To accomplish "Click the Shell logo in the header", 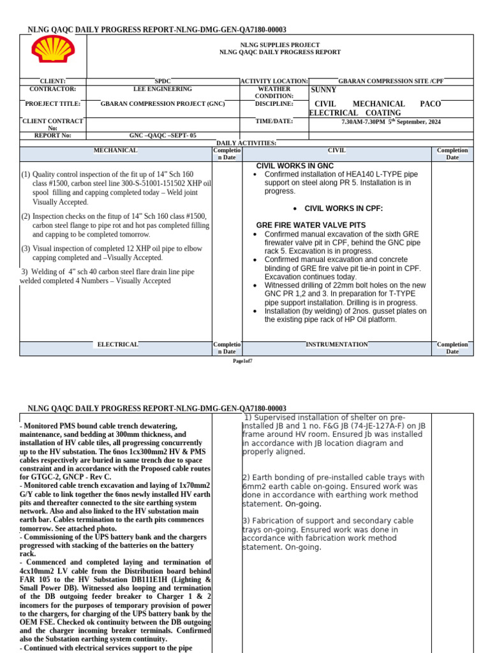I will point(53,50).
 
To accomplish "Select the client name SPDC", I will point(163,82).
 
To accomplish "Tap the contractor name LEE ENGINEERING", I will point(162,89).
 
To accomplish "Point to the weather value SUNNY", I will point(323,90).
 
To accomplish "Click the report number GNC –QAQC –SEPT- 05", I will point(163,136).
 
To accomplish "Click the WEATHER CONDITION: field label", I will point(274,92).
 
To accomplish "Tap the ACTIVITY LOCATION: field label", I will point(274,82).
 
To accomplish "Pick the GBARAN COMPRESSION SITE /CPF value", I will point(390,82).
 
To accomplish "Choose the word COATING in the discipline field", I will point(384,113).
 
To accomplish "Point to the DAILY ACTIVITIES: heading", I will point(246,143).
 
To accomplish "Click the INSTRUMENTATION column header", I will point(336,344).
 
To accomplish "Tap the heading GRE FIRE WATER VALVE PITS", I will point(311,225).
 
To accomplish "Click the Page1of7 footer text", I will point(242,362).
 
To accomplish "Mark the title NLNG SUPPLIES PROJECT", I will point(279,45).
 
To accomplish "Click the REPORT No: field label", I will point(52,136).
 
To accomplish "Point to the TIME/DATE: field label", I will point(274,121).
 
